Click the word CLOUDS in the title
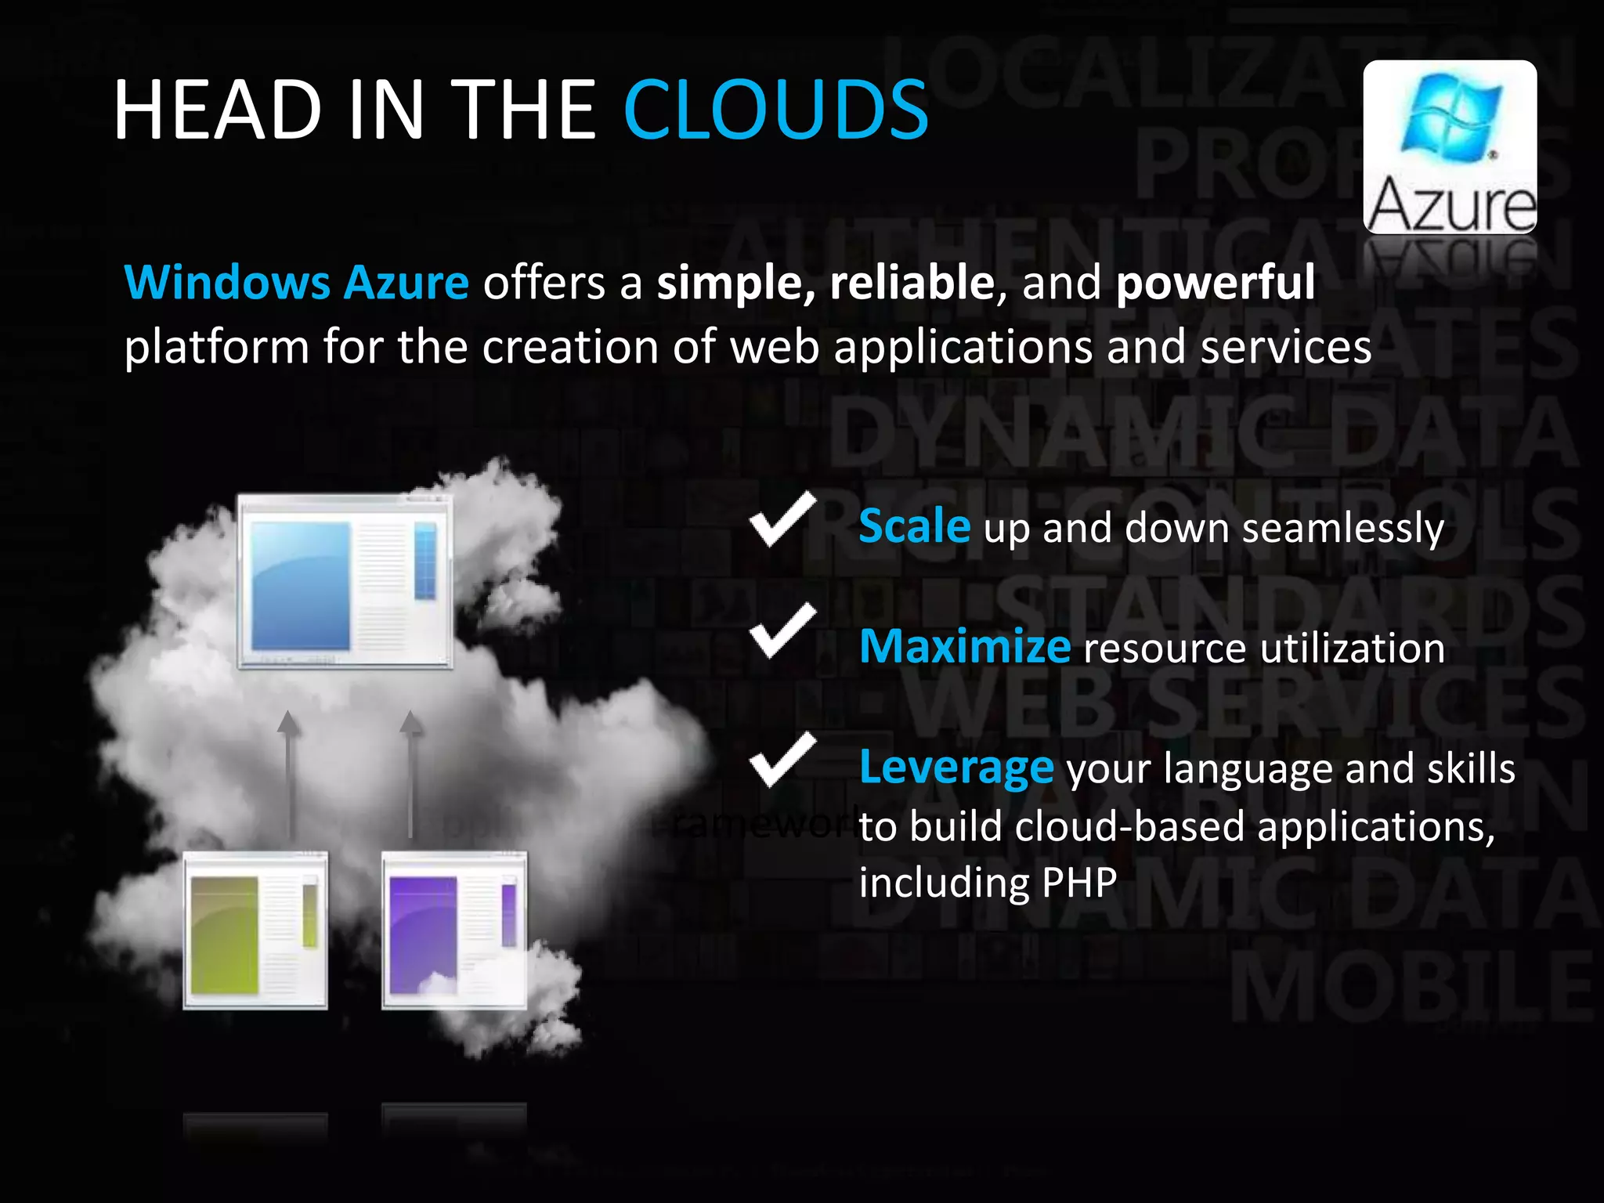coord(775,110)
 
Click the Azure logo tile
coord(1450,146)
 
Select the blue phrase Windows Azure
coord(297,282)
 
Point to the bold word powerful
coord(1216,282)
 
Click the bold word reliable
coord(912,282)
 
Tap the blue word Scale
coord(914,526)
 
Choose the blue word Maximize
coord(964,647)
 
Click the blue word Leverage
coord(956,768)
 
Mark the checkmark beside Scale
coord(782,520)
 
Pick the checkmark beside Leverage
coord(782,760)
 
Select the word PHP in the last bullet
coord(1079,883)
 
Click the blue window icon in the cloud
coord(345,581)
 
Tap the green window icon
coord(255,930)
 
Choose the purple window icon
coord(454,930)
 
